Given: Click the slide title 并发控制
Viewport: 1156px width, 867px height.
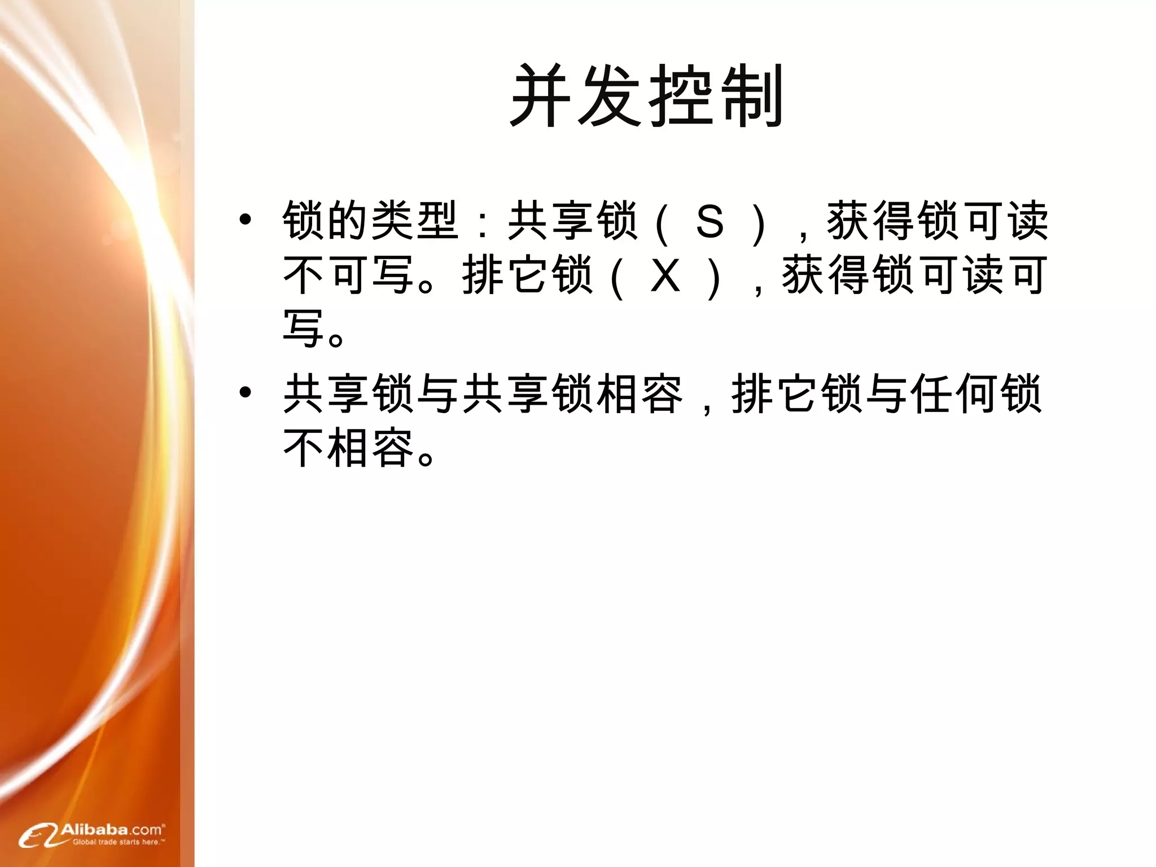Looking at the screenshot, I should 647,97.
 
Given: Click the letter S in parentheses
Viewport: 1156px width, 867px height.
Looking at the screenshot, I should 710,221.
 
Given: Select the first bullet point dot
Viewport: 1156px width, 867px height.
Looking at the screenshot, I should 245,220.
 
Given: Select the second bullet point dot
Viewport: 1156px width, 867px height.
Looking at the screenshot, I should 245,392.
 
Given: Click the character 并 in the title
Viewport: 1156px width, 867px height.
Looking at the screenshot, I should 544,97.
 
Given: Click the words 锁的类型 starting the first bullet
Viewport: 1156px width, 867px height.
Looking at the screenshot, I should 370,221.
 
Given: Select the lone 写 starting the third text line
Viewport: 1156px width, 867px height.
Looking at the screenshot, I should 304,329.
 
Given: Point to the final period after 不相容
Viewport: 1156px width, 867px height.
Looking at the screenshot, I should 427,457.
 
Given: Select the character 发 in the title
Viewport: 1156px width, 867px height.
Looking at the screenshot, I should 613,97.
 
